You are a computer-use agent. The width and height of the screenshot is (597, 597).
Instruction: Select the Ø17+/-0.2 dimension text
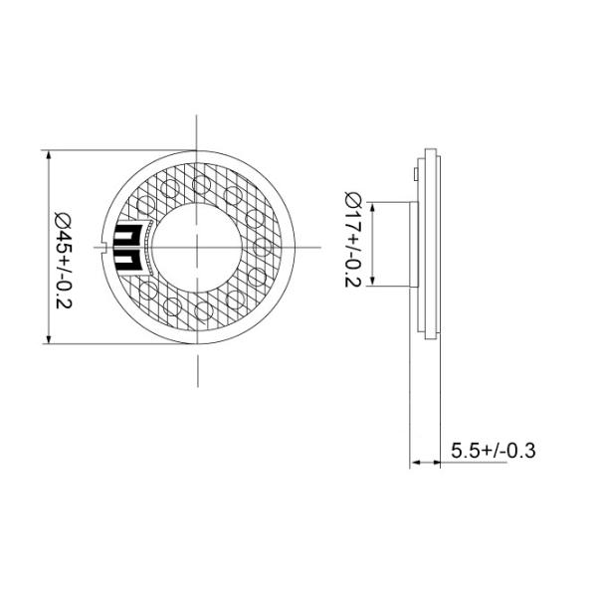pos(352,239)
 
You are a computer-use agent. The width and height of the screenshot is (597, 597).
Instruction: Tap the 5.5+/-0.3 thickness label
pos(493,450)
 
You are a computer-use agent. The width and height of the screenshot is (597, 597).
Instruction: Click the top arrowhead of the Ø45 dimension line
pos(49,155)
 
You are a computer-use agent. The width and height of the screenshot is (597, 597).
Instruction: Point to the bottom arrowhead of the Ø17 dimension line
pos(372,283)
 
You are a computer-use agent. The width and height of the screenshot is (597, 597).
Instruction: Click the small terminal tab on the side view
pos(412,175)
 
